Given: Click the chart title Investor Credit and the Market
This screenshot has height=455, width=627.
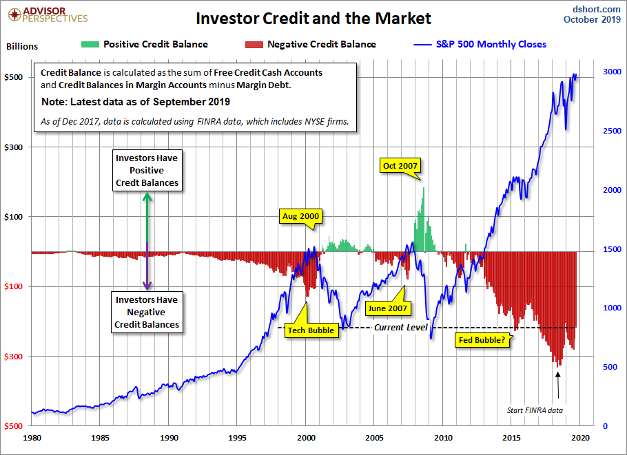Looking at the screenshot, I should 313,17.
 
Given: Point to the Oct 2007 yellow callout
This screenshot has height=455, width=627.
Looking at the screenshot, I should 400,165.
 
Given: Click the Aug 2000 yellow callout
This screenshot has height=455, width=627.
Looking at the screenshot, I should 301,216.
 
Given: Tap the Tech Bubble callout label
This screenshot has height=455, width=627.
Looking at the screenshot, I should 311,330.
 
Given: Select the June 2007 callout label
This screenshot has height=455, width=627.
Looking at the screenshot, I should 387,308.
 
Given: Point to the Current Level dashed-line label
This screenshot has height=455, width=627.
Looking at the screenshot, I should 401,327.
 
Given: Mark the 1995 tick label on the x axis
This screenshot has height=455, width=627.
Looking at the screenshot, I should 238,437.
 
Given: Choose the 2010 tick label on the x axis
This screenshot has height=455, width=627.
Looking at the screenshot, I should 444,437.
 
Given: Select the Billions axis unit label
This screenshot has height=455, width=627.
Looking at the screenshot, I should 22,47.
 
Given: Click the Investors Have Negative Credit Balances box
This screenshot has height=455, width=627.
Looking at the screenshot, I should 147,312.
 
